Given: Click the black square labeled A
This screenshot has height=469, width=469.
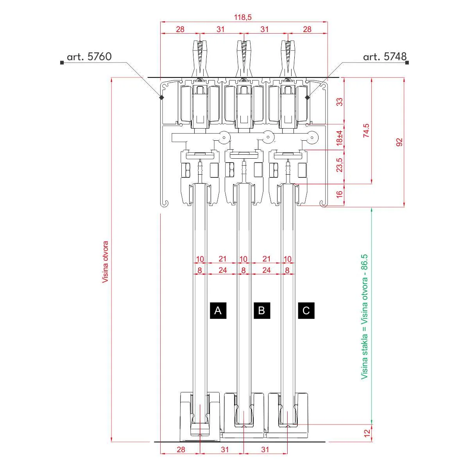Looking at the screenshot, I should [218, 310].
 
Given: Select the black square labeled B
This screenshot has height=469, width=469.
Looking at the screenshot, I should [262, 310].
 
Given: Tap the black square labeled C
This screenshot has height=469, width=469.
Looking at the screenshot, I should [306, 310].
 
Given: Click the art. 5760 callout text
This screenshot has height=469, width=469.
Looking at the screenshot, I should [89, 57].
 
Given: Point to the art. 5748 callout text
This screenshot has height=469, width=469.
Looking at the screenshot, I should [385, 57].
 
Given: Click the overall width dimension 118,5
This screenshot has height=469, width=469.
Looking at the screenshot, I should [243, 17].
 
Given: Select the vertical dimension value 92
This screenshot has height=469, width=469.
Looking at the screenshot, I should [399, 142].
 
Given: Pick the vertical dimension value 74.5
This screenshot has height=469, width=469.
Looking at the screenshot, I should [366, 131].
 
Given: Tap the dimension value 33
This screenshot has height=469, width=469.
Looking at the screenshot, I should [340, 102].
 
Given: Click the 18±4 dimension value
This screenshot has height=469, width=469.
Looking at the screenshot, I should [340, 138].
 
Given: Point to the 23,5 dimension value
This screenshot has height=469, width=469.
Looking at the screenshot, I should [340, 165].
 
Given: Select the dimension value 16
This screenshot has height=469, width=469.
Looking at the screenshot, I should [340, 193].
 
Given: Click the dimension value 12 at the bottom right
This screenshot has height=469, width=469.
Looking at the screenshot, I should [367, 433].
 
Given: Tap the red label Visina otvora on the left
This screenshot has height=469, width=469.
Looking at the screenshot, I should [105, 262].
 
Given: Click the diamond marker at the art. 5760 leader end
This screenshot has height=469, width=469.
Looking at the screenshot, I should [161, 97].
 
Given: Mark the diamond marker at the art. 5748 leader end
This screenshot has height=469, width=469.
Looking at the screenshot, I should [308, 97].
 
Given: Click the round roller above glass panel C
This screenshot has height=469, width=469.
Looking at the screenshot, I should [312, 137].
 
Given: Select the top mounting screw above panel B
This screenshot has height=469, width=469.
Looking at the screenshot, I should [243, 55].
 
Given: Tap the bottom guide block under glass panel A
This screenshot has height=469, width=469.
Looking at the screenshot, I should [200, 416].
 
